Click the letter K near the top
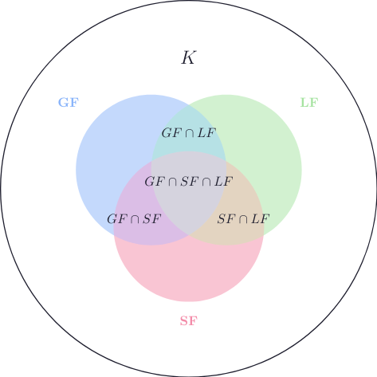tap(188, 57)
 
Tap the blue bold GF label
tap(69, 103)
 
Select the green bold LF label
tap(309, 103)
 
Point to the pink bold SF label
tap(189, 321)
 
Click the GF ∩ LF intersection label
tap(189, 133)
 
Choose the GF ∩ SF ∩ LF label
tap(189, 182)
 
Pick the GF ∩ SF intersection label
tap(134, 219)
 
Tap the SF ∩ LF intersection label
tap(243, 219)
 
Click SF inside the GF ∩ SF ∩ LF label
tap(190, 182)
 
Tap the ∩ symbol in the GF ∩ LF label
tap(189, 133)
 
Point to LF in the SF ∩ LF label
tap(261, 219)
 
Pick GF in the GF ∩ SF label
tap(116, 219)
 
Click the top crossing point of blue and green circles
tap(189, 105)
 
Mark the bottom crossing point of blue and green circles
tap(189, 235)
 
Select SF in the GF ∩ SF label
tap(152, 219)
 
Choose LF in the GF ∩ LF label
tap(206, 133)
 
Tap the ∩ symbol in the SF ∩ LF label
tap(243, 219)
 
